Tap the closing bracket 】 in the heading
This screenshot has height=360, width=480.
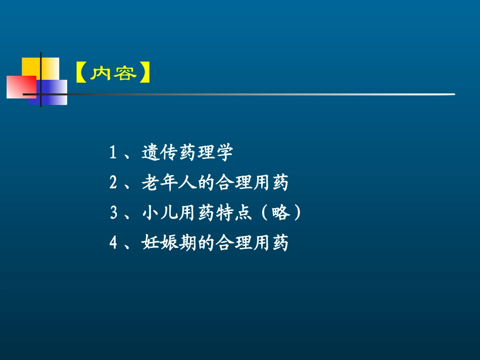[x=143, y=74]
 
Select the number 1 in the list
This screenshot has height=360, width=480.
[x=113, y=152]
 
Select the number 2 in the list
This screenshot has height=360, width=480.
[x=113, y=183]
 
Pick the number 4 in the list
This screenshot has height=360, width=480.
[x=113, y=243]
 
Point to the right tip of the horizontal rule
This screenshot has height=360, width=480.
[x=453, y=94]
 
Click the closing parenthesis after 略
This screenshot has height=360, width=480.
[x=298, y=213]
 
